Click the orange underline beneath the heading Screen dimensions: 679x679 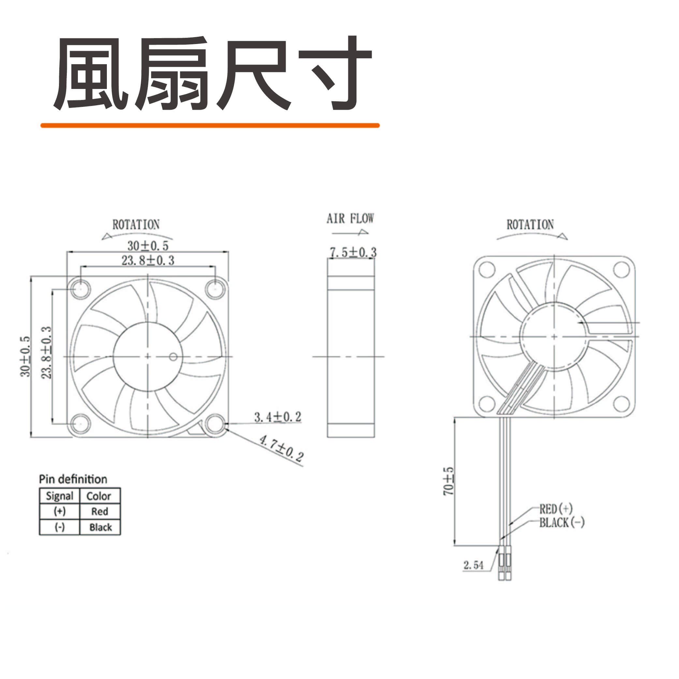[210, 125]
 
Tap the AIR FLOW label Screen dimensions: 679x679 [350, 219]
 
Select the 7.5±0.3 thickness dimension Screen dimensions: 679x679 [353, 252]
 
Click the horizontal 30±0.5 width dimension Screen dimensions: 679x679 [148, 245]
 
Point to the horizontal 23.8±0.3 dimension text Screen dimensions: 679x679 [148, 260]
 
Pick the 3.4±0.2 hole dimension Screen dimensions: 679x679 [278, 417]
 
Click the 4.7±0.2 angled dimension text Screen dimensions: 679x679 [281, 448]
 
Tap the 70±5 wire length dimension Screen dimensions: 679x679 [448, 481]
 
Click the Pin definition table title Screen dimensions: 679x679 [73, 479]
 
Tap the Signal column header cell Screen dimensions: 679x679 [60, 496]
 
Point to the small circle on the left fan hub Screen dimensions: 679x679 [173, 357]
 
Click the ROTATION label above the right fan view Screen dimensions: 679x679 [530, 224]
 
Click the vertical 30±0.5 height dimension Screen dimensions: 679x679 [25, 357]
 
